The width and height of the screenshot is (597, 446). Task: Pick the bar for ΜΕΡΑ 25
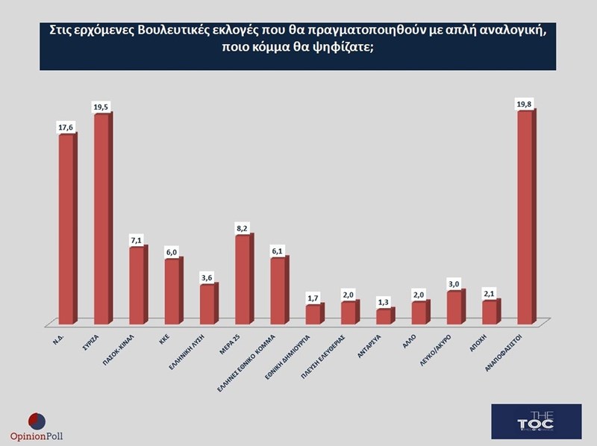tap(243, 280)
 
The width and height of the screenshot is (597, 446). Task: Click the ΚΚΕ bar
tap(172, 292)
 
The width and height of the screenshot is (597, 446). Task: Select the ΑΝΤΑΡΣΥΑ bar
tap(383, 316)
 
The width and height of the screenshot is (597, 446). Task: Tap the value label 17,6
tap(66, 128)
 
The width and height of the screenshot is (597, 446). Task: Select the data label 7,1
tap(137, 241)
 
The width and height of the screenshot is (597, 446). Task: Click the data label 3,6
tap(207, 277)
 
